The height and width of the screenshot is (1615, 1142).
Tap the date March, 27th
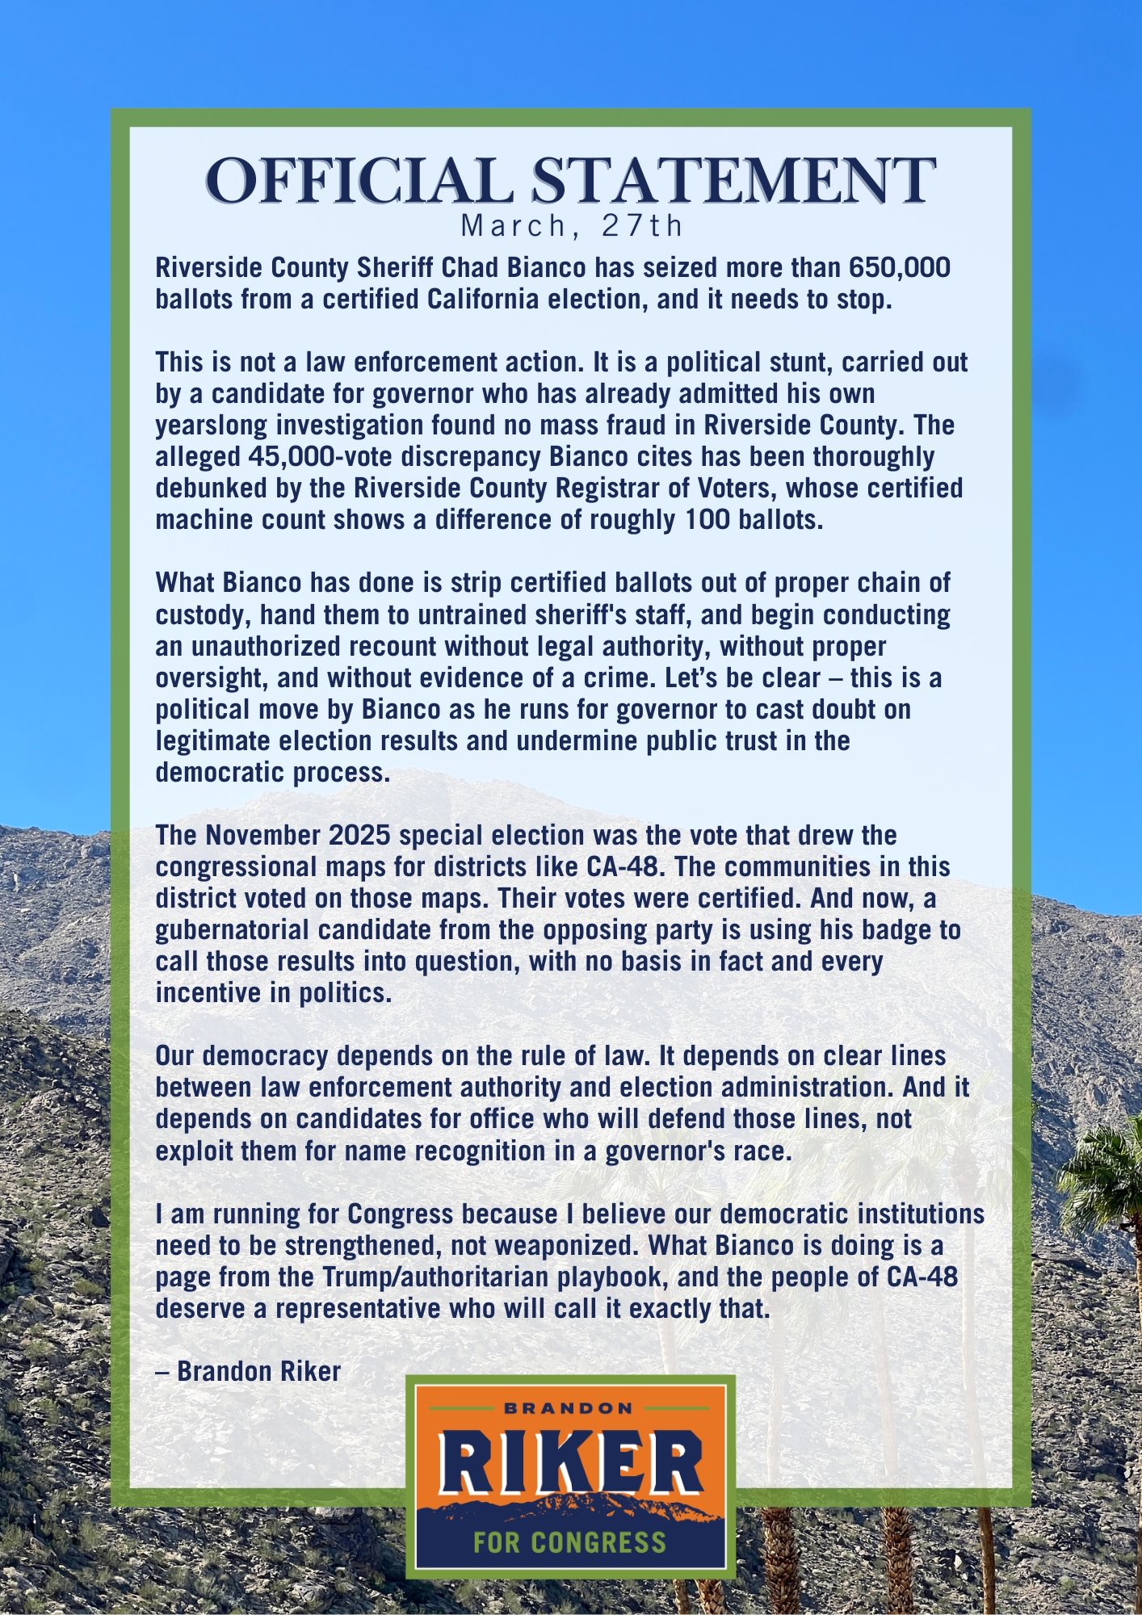tap(571, 226)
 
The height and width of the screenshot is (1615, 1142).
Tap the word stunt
tap(792, 362)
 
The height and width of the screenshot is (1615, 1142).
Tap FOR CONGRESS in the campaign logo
tap(570, 1542)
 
